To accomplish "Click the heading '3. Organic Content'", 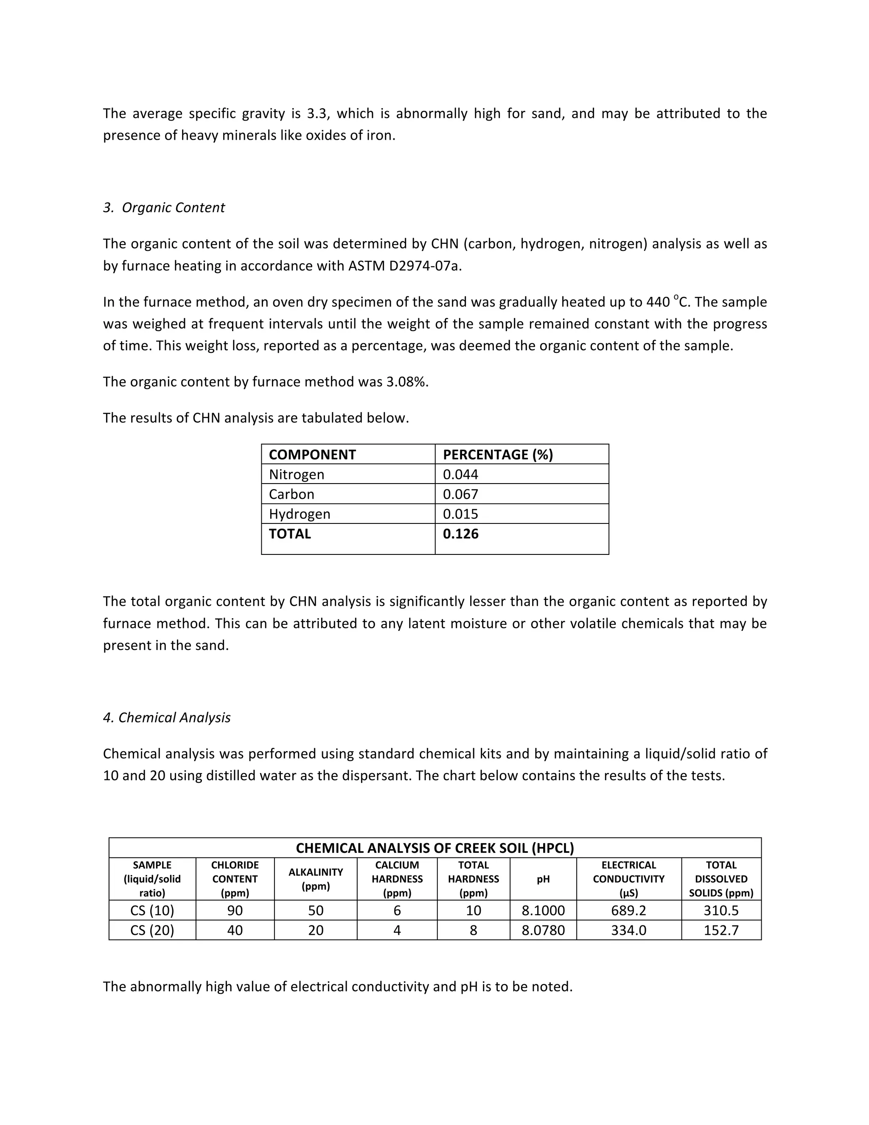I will point(164,208).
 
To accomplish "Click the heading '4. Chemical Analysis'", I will point(166,717).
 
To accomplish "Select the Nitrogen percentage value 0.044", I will point(460,475).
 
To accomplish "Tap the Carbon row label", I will point(292,494).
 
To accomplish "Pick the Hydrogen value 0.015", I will point(460,514).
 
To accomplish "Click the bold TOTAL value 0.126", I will point(460,534).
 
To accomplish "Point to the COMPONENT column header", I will point(312,454).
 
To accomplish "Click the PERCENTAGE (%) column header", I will point(497,454).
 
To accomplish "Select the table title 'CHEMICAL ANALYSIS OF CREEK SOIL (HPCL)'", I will point(434,848).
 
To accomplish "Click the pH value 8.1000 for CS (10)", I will point(543,910).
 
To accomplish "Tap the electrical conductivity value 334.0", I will point(628,930).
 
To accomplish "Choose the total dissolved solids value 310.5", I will point(721,910).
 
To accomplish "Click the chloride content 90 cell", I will point(235,910).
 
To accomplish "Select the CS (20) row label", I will point(152,930).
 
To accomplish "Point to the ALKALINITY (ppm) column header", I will point(315,879).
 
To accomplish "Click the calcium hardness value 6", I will point(397,910).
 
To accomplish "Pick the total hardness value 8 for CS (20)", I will point(473,930).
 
